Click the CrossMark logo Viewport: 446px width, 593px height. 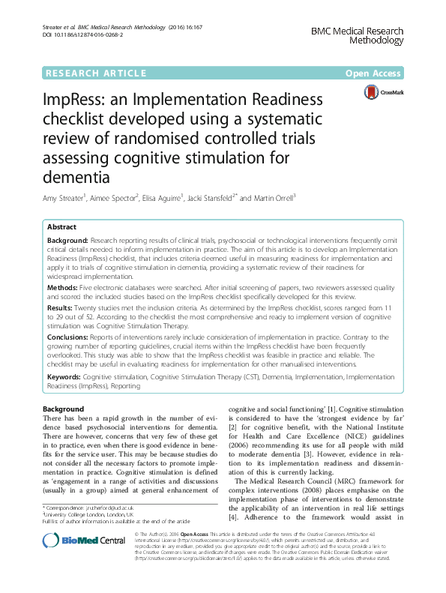coord(382,92)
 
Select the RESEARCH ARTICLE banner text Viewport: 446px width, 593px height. coord(96,73)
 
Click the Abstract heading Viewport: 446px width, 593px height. coord(61,226)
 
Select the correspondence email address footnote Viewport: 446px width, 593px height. coord(97,508)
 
